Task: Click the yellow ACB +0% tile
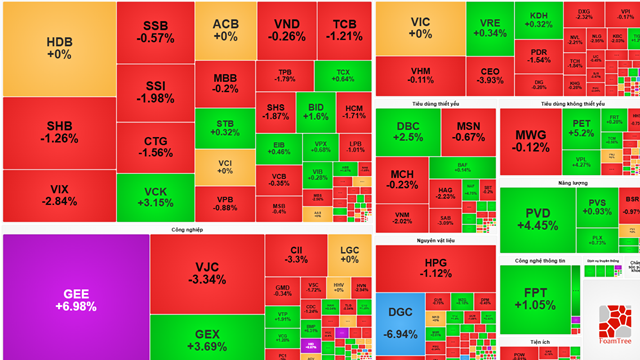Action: click(x=225, y=30)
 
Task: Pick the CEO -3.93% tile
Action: click(x=489, y=79)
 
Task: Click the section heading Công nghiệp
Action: click(x=185, y=229)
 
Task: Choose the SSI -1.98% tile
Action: click(x=155, y=91)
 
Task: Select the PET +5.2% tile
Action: click(x=581, y=127)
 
